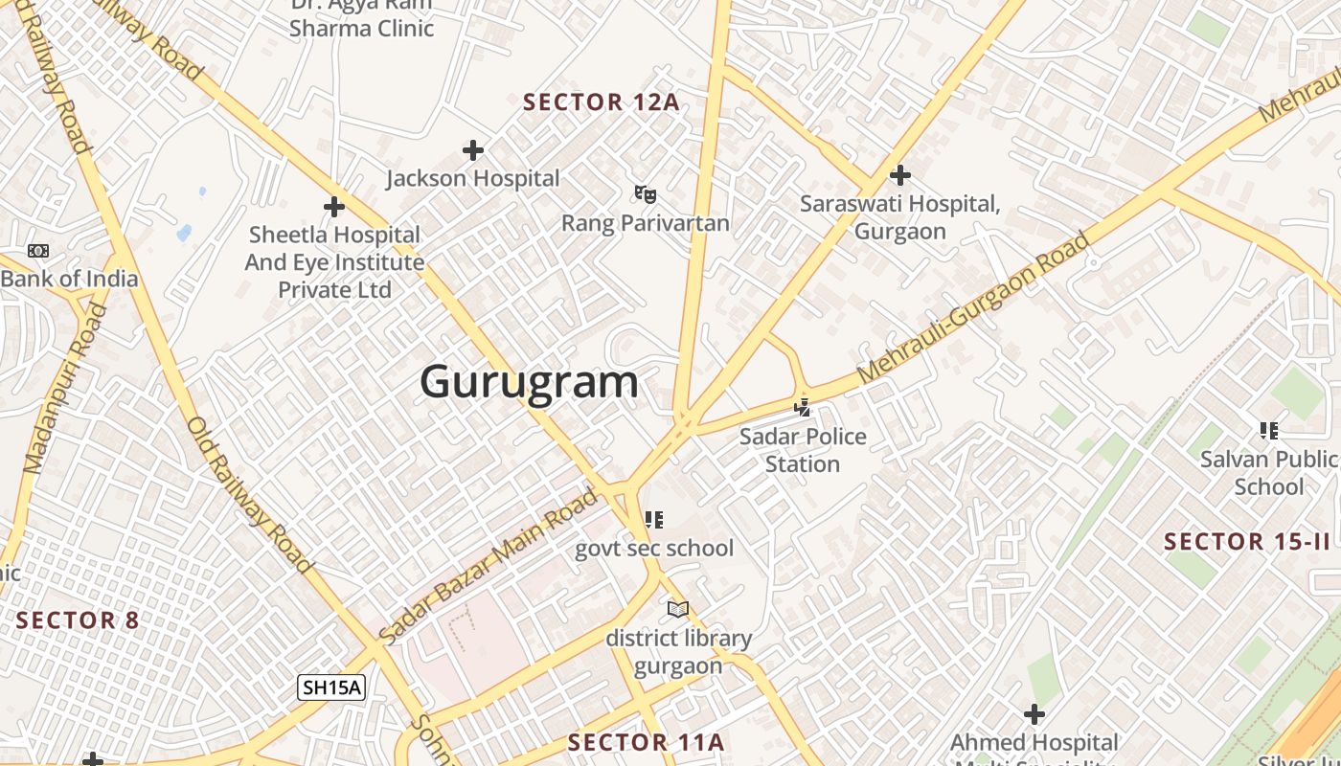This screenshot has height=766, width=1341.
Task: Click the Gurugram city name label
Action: (529, 382)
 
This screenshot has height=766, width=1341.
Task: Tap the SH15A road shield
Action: (331, 687)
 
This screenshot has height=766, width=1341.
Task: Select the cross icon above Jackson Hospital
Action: (472, 150)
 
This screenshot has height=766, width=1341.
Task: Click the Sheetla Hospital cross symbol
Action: (333, 206)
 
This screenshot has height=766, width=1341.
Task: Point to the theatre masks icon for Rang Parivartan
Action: (645, 194)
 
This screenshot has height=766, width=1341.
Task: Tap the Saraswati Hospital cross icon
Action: (899, 175)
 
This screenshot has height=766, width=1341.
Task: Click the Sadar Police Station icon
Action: (803, 408)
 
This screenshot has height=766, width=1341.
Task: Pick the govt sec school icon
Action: (654, 520)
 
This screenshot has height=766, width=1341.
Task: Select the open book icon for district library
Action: (678, 609)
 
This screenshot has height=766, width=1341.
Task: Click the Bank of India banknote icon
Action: (38, 251)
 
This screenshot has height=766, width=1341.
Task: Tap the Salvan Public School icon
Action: (1269, 431)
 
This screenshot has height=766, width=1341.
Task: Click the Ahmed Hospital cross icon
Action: (1034, 714)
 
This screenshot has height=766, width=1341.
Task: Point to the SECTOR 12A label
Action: (602, 102)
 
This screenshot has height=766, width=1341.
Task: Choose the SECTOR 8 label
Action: (78, 620)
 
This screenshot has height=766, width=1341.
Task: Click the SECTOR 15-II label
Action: (1247, 542)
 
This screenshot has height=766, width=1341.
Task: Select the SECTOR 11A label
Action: (646, 742)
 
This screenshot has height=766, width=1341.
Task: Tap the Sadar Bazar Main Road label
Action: (489, 565)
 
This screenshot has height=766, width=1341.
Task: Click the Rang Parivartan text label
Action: (645, 223)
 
